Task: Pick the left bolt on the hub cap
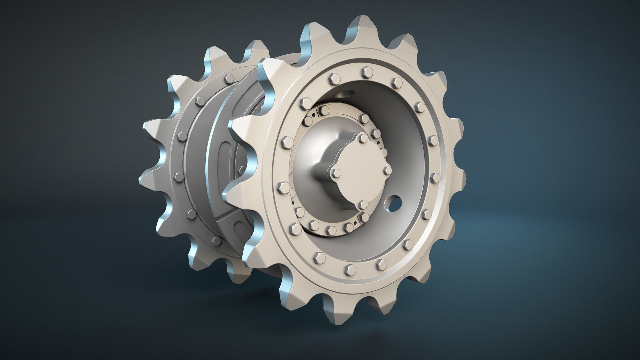pos(336,172)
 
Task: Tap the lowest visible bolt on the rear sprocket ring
pos(215,240)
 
